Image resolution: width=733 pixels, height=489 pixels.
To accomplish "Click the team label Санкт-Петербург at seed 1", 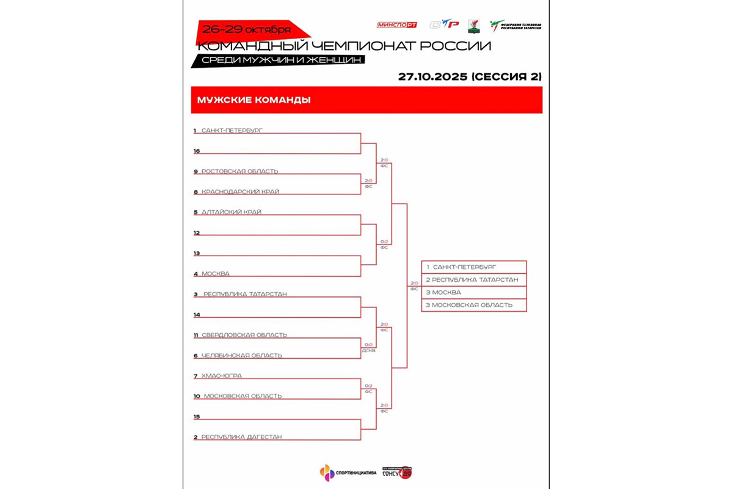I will [x=232, y=131].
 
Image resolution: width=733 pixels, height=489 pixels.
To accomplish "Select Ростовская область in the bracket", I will [x=239, y=171].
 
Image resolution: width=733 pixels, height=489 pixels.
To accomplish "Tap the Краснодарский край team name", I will [x=240, y=192].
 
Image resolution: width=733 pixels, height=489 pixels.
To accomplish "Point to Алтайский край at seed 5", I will [x=232, y=212].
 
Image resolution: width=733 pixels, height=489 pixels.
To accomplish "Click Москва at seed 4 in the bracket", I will [x=216, y=274].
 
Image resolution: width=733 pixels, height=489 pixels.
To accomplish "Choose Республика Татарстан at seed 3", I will [x=244, y=294].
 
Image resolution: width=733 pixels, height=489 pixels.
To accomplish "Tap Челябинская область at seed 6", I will [x=242, y=356].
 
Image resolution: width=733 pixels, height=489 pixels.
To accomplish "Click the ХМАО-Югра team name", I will [x=217, y=376].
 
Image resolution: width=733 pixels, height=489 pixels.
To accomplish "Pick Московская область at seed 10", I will [x=243, y=396].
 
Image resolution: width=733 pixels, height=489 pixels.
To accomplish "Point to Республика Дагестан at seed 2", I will [x=241, y=437].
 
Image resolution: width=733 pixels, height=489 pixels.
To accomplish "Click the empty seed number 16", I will [x=197, y=151].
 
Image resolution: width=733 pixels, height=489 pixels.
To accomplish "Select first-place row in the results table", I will [x=473, y=267].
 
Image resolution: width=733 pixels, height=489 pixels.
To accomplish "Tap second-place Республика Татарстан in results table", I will [x=473, y=279].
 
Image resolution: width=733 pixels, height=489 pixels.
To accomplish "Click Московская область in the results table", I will [x=473, y=305].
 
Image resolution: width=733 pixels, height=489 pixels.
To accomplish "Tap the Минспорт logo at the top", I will [x=397, y=25].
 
